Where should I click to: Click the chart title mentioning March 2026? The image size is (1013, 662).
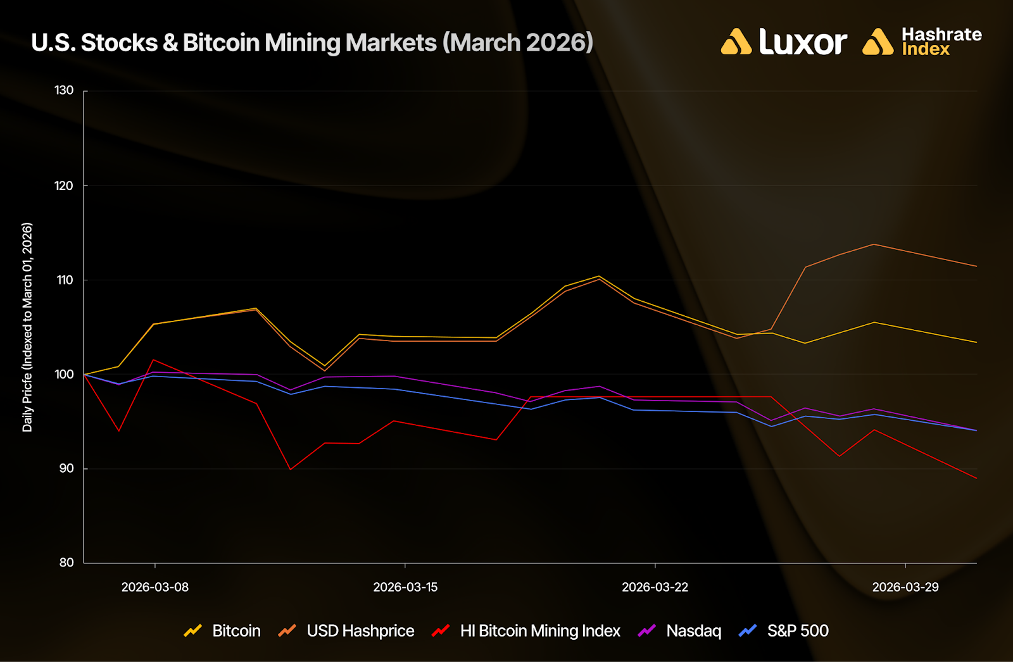pos(312,42)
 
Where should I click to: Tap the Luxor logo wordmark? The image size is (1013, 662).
pos(802,42)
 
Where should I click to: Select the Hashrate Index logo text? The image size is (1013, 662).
pos(941,42)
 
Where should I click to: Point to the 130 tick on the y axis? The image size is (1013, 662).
pos(64,91)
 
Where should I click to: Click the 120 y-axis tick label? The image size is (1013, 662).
pos(64,185)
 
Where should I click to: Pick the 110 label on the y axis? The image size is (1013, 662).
pos(64,280)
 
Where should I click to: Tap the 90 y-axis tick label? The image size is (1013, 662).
pos(66,468)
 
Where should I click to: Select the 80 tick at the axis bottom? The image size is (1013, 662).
pos(66,563)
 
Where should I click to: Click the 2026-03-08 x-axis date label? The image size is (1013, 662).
pos(155,587)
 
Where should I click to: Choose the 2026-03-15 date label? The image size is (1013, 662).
pos(405,587)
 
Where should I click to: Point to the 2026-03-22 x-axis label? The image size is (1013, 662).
pos(655,587)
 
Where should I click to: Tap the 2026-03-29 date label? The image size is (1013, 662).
pos(905,587)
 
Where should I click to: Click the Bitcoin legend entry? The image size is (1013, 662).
pos(236,631)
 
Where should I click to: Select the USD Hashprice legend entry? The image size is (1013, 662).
pos(360,631)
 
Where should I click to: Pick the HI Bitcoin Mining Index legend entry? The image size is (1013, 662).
pos(539,631)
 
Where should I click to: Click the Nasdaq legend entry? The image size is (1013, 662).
pos(693,631)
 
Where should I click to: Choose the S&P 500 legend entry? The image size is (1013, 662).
pos(797,631)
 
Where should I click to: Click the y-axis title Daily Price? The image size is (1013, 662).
pos(27,327)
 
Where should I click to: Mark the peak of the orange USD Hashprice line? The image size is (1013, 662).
pos(874,244)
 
